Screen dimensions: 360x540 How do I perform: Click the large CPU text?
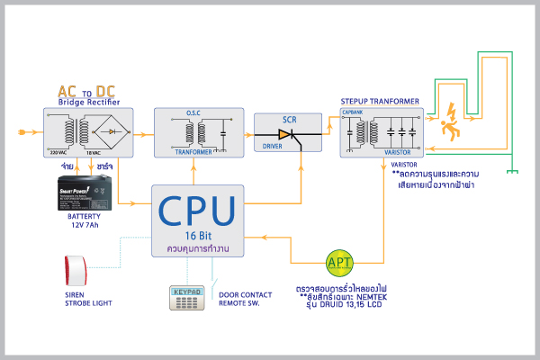[197, 209]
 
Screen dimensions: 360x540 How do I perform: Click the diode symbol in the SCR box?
[285, 135]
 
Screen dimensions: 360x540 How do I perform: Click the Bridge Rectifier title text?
[88, 103]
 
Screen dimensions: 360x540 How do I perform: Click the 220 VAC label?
[58, 153]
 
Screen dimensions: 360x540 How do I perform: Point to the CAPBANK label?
[352, 112]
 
